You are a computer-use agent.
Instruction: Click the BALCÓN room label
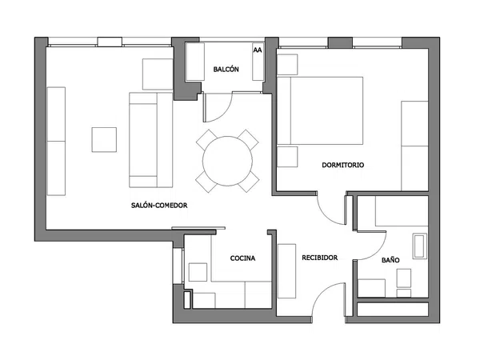point(226,69)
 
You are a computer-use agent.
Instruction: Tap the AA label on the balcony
point(258,50)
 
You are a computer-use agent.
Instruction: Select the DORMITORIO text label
point(343,165)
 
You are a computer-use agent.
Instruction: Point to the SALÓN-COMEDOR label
point(159,205)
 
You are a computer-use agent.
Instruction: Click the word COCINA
point(242,258)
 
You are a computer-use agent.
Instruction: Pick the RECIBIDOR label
point(319,258)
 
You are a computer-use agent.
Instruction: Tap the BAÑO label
point(390,260)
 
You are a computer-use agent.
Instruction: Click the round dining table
point(227,161)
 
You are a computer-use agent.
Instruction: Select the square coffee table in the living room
point(104,139)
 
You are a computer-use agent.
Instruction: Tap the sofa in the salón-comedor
point(151,140)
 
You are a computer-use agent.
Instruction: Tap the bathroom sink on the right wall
point(420,246)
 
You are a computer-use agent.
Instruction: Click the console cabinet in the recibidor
point(286,271)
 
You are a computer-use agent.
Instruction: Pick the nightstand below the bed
point(287,157)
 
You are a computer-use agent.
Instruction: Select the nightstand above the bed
point(287,65)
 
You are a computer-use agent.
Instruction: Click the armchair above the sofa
point(158,74)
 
